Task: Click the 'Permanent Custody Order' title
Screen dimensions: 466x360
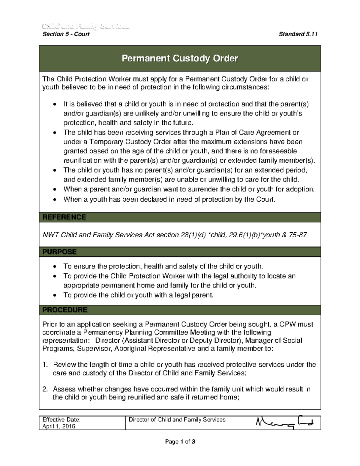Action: pyautogui.click(x=180, y=58)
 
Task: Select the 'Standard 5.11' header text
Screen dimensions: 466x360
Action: pyautogui.click(x=298, y=34)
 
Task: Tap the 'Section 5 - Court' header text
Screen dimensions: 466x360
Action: pyautogui.click(x=66, y=34)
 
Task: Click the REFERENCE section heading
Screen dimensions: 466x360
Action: pyautogui.click(x=64, y=217)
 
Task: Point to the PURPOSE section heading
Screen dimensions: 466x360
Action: pyautogui.click(x=59, y=252)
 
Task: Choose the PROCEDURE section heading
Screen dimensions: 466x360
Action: pyautogui.click(x=65, y=310)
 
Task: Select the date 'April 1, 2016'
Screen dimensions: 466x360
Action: pyautogui.click(x=59, y=426)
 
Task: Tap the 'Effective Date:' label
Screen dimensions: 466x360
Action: pyautogui.click(x=61, y=419)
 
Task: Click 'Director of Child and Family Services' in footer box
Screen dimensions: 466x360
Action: pyautogui.click(x=177, y=419)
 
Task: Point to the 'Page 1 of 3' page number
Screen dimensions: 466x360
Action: pyautogui.click(x=180, y=441)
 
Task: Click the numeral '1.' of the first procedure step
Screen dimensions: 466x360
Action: pyautogui.click(x=45, y=365)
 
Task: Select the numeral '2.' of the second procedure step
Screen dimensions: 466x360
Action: pyautogui.click(x=45, y=389)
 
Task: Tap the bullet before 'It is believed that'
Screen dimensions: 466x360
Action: pyautogui.click(x=54, y=105)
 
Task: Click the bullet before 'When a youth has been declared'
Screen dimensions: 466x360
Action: pyautogui.click(x=54, y=200)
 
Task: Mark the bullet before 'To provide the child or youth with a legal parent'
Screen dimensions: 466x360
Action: pyautogui.click(x=54, y=296)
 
